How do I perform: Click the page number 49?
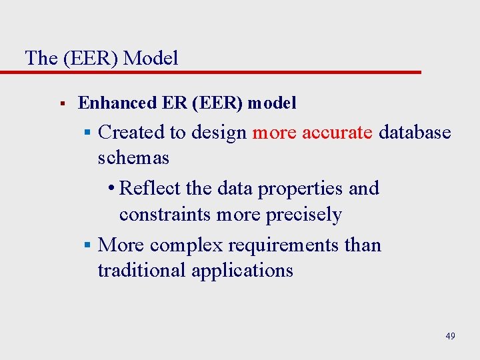coord(451,336)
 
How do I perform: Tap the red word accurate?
coord(337,132)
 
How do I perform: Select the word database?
coord(415,132)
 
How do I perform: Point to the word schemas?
coord(133,158)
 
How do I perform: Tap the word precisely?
coord(304,215)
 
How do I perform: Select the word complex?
coord(187,245)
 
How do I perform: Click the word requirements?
coord(285,245)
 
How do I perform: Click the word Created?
coord(131,132)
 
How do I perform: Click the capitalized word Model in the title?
coord(151,58)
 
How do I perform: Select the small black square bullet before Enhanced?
coord(61,104)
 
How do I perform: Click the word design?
coord(219,132)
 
